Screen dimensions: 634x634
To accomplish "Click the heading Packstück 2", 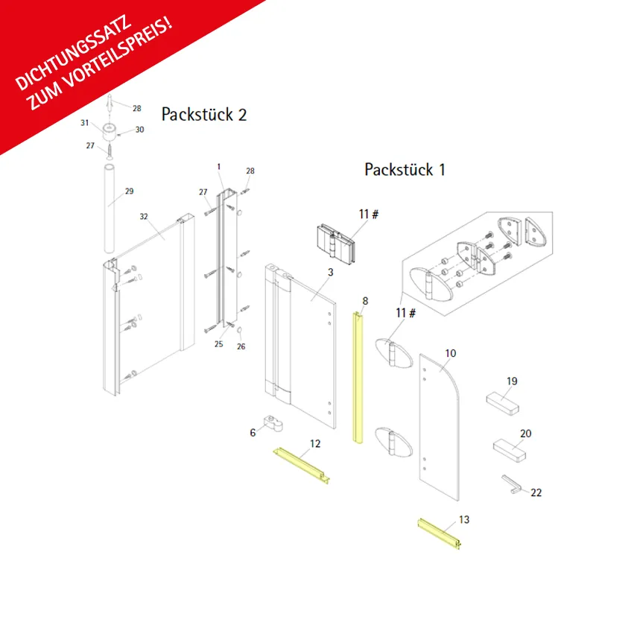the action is coord(204,115).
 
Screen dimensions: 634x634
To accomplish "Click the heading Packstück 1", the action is coord(405,169).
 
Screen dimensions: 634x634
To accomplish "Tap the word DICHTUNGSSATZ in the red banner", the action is coord(73,53).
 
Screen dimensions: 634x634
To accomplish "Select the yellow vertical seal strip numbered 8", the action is coord(358,378).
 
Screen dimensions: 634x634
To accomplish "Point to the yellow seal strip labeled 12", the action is coord(302,465).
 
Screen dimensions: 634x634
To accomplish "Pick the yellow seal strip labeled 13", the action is coord(439,533).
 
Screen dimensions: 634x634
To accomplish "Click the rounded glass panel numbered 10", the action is coord(439,427).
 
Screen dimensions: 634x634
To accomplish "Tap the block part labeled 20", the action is coord(510,451).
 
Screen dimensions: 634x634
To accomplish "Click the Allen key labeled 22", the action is coord(510,484).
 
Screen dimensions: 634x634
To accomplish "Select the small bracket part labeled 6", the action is coord(273,423).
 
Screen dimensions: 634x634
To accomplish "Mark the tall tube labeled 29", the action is coord(110,209).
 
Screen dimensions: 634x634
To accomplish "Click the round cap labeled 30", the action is coord(110,132).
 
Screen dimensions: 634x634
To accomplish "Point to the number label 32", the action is coord(144,217).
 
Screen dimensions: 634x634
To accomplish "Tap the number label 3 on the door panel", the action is coord(330,272).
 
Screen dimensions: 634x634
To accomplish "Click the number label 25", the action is coord(218,344).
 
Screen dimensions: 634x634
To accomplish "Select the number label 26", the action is coord(241,346).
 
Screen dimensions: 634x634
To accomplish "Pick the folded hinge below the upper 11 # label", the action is coord(335,244).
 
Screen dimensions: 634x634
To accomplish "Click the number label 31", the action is coord(84,123).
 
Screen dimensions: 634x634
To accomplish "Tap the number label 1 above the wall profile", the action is coord(219,167).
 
